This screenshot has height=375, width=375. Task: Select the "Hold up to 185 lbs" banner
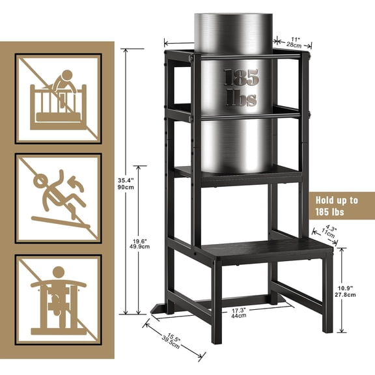pyautogui.click(x=339, y=206)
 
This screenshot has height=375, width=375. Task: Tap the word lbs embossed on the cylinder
pyautogui.click(x=242, y=98)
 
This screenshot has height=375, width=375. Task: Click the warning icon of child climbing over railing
pyautogui.click(x=59, y=98)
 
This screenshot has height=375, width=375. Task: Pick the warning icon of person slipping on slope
pyautogui.click(x=59, y=199)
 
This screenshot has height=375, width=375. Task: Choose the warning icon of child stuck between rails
pyautogui.click(x=59, y=299)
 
